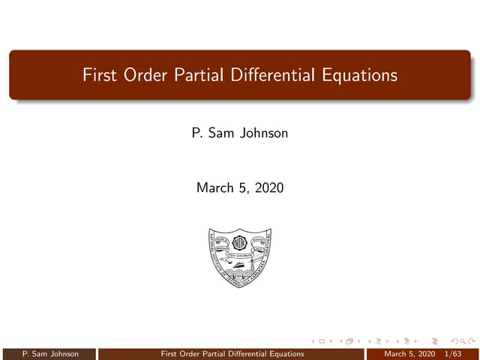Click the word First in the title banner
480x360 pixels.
pos(98,76)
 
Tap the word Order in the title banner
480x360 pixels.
pos(140,76)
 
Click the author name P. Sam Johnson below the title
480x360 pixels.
pos(240,136)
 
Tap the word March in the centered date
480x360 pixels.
pos(215,188)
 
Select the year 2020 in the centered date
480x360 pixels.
pos(268,188)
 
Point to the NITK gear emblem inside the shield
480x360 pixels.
pos(240,244)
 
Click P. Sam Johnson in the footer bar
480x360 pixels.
pos(50,353)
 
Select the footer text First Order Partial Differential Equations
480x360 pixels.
pos(232,353)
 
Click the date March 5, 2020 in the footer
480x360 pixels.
pos(409,353)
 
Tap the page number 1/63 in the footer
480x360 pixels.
pos(452,353)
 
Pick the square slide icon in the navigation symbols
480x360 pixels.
pos(322,342)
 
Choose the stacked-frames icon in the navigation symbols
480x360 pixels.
pos(349,342)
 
